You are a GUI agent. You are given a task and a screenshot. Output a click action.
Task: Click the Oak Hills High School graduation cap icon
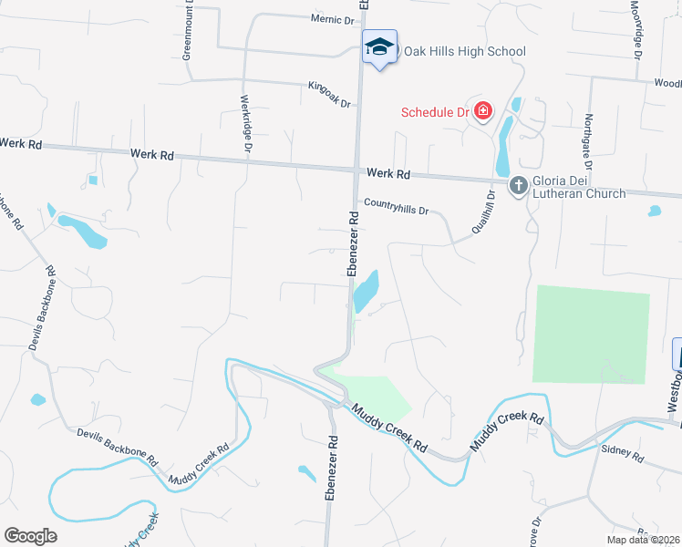click(379, 47)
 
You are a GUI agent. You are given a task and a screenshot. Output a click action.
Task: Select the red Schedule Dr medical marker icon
click(481, 113)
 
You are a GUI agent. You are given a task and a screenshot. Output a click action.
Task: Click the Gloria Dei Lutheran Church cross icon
click(518, 186)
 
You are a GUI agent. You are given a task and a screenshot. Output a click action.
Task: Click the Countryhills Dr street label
click(396, 207)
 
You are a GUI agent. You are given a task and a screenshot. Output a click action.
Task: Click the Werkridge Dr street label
click(246, 124)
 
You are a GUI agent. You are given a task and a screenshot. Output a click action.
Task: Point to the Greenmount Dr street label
click(188, 32)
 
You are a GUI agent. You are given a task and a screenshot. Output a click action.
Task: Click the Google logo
click(30, 536)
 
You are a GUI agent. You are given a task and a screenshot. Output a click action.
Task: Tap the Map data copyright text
click(642, 540)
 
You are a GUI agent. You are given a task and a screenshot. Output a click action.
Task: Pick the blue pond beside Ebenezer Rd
click(366, 293)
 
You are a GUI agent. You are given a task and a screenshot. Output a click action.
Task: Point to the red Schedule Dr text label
click(435, 113)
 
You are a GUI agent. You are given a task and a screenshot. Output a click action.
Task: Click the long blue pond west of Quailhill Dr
click(503, 150)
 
